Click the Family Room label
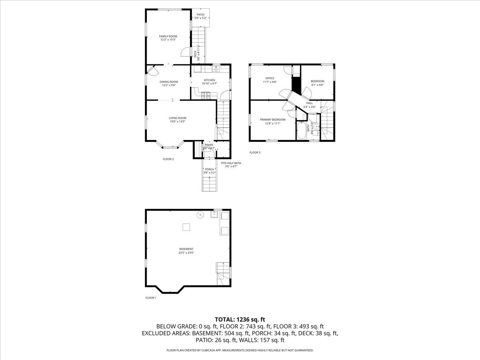click(168, 36)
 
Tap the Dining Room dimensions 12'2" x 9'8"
click(170, 85)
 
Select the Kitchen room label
click(209, 80)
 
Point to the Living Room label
click(177, 118)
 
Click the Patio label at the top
click(200, 15)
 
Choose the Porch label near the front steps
click(209, 169)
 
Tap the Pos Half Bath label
click(231, 163)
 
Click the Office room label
click(270, 78)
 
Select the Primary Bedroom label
click(272, 120)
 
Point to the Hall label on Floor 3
click(310, 103)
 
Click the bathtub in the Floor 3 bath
click(301, 130)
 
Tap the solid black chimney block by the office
click(296, 84)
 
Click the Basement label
click(186, 249)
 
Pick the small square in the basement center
click(186, 227)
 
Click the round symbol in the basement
click(200, 215)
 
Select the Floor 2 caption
click(168, 159)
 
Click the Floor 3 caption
click(255, 152)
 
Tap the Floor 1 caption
click(151, 298)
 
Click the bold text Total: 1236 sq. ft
click(240, 319)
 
